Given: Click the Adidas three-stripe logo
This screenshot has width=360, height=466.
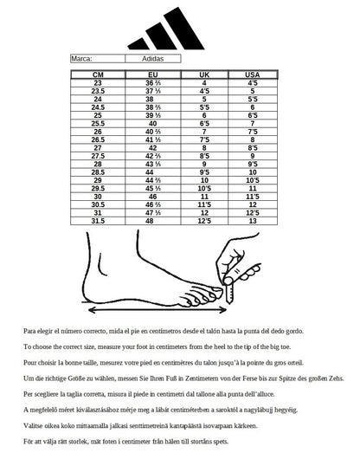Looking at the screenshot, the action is [166, 29].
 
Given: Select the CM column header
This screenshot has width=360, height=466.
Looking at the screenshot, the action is [98, 74].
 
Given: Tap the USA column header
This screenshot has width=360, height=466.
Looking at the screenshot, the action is [253, 74].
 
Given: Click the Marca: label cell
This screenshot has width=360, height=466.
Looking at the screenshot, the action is [98, 59].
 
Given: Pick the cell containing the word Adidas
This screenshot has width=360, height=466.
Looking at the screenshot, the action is [152, 59].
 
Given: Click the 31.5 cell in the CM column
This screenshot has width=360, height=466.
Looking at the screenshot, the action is [98, 221].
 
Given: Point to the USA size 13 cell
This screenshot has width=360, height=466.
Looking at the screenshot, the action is [253, 221].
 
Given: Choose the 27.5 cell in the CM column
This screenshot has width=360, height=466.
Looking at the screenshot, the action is [98, 156].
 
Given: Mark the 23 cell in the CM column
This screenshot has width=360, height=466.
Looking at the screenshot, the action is [98, 83].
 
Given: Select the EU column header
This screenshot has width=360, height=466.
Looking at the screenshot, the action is [153, 74].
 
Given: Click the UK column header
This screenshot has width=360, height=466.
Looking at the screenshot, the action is [204, 74].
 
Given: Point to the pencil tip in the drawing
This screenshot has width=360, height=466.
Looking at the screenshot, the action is [229, 302].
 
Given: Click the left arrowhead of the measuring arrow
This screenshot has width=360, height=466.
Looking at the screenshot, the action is [93, 310].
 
